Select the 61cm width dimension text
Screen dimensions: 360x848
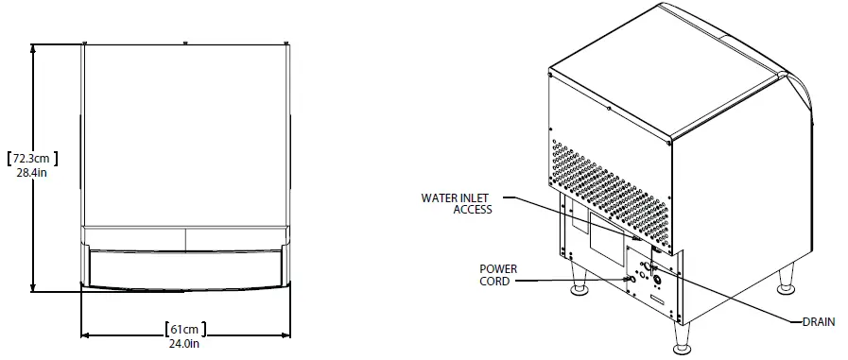click(185, 329)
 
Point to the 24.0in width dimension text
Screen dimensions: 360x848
click(185, 344)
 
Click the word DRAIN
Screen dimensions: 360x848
click(818, 322)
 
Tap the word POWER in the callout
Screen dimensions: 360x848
click(497, 269)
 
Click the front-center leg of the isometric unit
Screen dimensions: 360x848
click(683, 336)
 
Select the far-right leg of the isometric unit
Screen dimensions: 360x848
click(784, 280)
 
